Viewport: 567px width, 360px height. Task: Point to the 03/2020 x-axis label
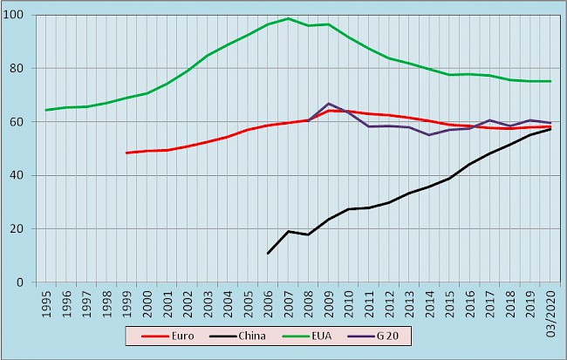pos(551,305)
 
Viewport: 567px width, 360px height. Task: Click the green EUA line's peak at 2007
pos(288,18)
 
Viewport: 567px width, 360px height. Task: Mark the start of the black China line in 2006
pos(268,254)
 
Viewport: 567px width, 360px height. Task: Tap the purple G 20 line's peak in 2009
pos(328,104)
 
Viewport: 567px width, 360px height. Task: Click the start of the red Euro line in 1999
pos(126,153)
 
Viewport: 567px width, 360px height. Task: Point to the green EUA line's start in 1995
pos(45,110)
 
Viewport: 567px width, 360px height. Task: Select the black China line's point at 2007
pos(288,231)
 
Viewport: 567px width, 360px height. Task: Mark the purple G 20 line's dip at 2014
pos(429,135)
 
